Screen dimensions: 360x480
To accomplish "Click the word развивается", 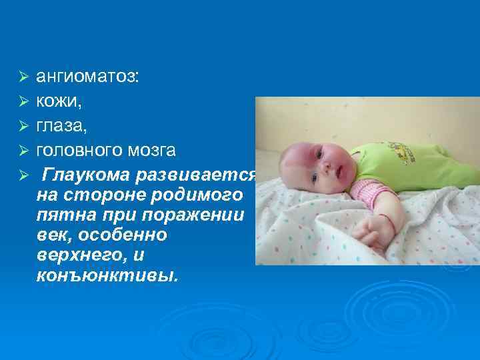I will pyautogui.click(x=197, y=175).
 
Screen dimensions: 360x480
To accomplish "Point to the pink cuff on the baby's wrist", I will pyautogui.click(x=373, y=195).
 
